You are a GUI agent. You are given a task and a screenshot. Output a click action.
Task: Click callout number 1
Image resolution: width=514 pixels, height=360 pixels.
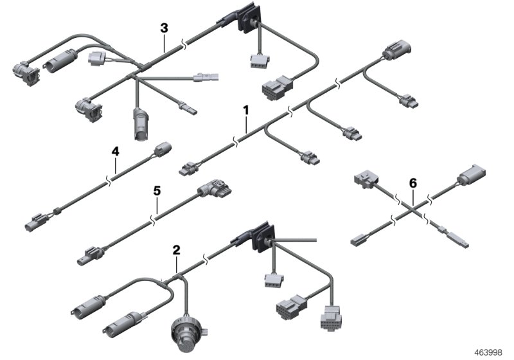pyautogui.click(x=245, y=111)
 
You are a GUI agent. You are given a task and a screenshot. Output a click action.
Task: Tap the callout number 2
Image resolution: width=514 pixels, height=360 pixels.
pyautogui.click(x=176, y=249)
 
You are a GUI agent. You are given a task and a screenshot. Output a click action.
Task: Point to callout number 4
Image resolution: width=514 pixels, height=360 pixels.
pyautogui.click(x=115, y=152)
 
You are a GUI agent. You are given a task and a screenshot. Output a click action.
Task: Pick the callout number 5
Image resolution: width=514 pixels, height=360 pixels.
pyautogui.click(x=155, y=191)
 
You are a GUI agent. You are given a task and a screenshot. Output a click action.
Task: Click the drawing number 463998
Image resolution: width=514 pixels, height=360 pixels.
pyautogui.click(x=489, y=352)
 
